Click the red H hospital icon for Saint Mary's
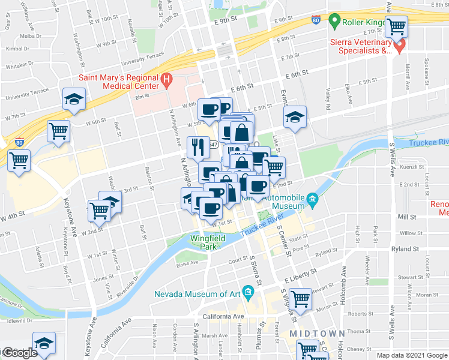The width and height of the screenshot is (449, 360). pos(167,79)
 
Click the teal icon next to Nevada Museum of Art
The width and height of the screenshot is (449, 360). pos(249,293)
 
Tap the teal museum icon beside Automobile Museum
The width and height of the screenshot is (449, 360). pos(312,199)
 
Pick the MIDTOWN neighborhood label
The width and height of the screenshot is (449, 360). pos(317,333)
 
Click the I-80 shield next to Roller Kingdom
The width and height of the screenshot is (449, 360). pos(316,20)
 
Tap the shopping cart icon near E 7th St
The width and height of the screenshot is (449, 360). pos(397,28)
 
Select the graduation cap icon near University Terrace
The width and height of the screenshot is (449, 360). pos(74,99)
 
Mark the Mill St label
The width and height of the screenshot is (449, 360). pos(406,217)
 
